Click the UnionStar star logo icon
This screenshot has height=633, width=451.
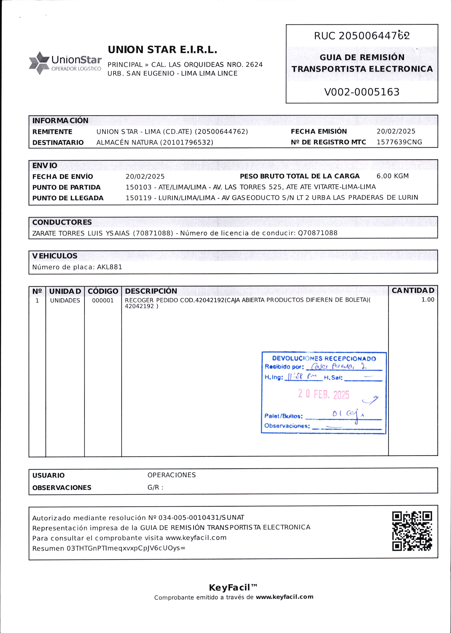(39, 63)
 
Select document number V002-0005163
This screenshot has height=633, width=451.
(362, 92)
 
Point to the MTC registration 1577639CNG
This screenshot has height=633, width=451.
(399, 142)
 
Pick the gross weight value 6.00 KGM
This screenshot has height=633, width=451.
(392, 176)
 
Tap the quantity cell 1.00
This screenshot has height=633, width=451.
(428, 300)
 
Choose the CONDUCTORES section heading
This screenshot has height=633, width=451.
(62, 222)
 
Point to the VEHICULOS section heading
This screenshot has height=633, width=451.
(55, 256)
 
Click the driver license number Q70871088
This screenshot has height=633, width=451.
(317, 233)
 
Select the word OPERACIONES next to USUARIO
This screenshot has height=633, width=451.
(171, 475)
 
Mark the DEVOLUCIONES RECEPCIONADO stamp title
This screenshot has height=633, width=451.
(324, 359)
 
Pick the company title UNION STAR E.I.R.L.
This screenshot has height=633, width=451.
(162, 50)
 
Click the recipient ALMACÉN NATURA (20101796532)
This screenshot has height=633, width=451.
(155, 142)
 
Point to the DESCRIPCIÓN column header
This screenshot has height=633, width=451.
(151, 291)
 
